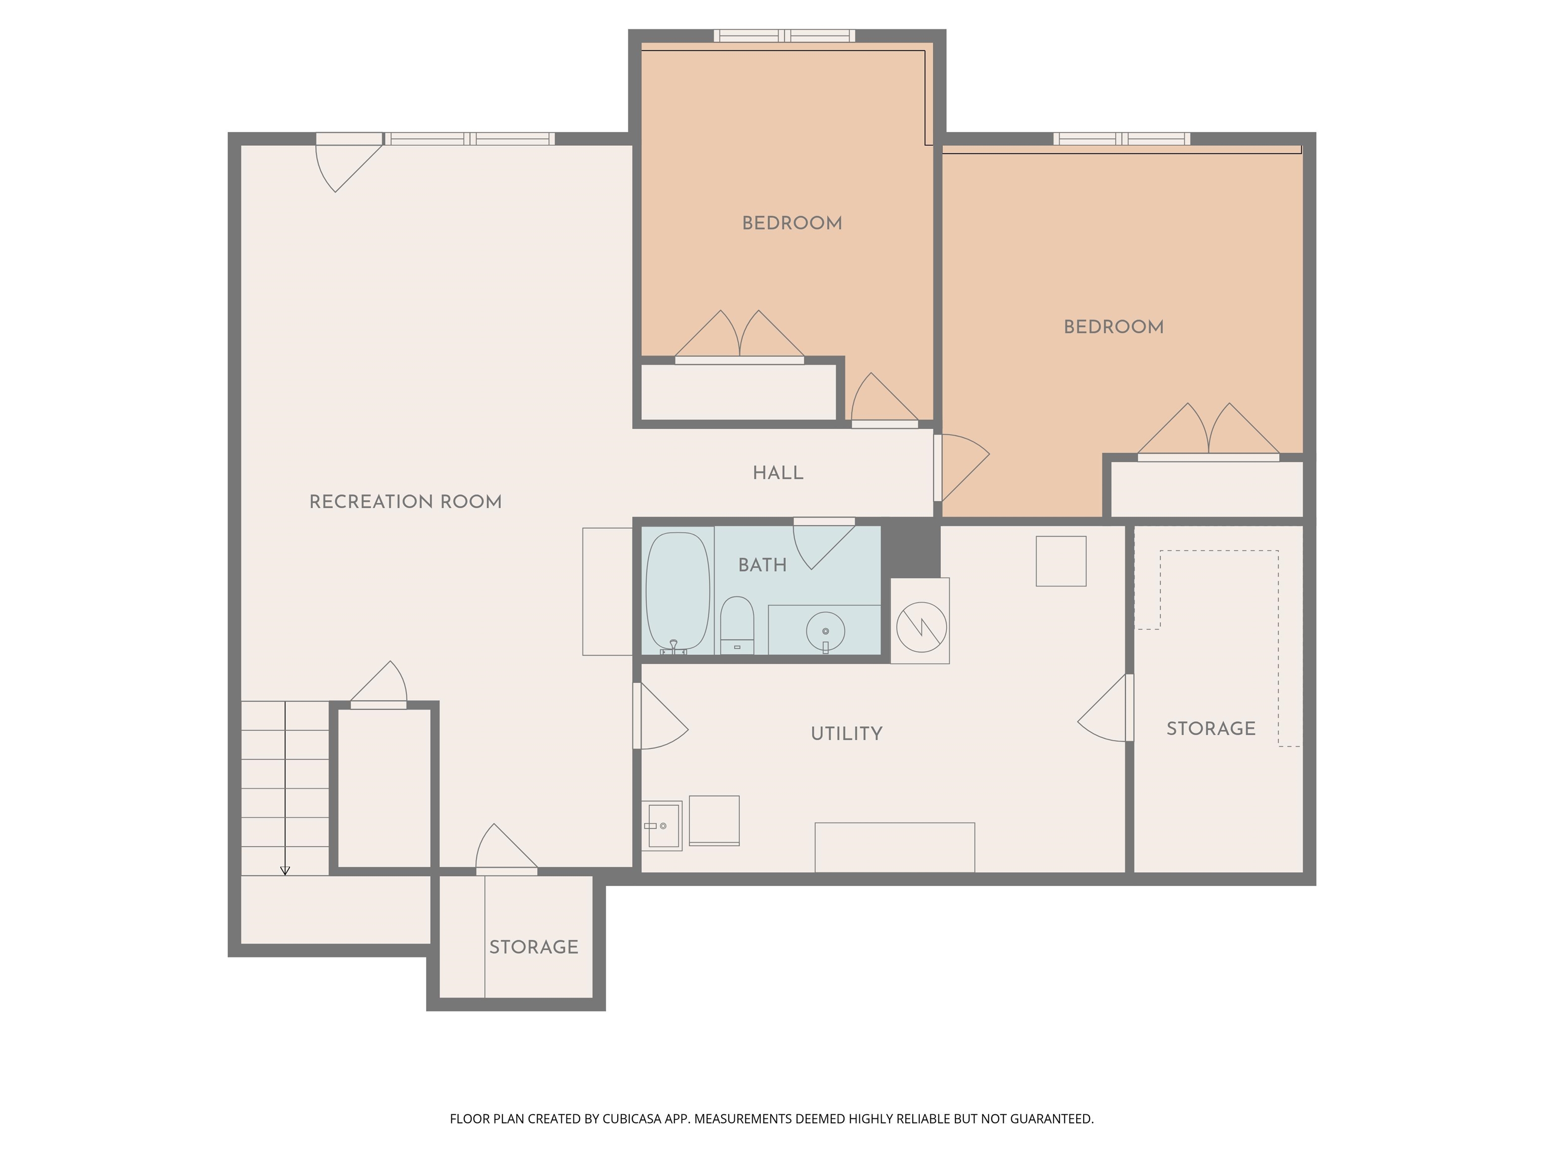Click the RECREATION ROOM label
coord(406,502)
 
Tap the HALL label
coord(778,473)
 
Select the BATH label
coord(762,565)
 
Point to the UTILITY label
coord(847,734)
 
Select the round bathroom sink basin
coord(825,631)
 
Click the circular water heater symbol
coord(921,627)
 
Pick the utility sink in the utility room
coord(662,826)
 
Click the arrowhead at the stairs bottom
coord(285,871)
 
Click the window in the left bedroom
coord(784,36)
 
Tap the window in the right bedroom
coord(1122,138)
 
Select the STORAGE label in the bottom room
coord(534,947)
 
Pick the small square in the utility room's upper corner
coord(1061,561)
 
